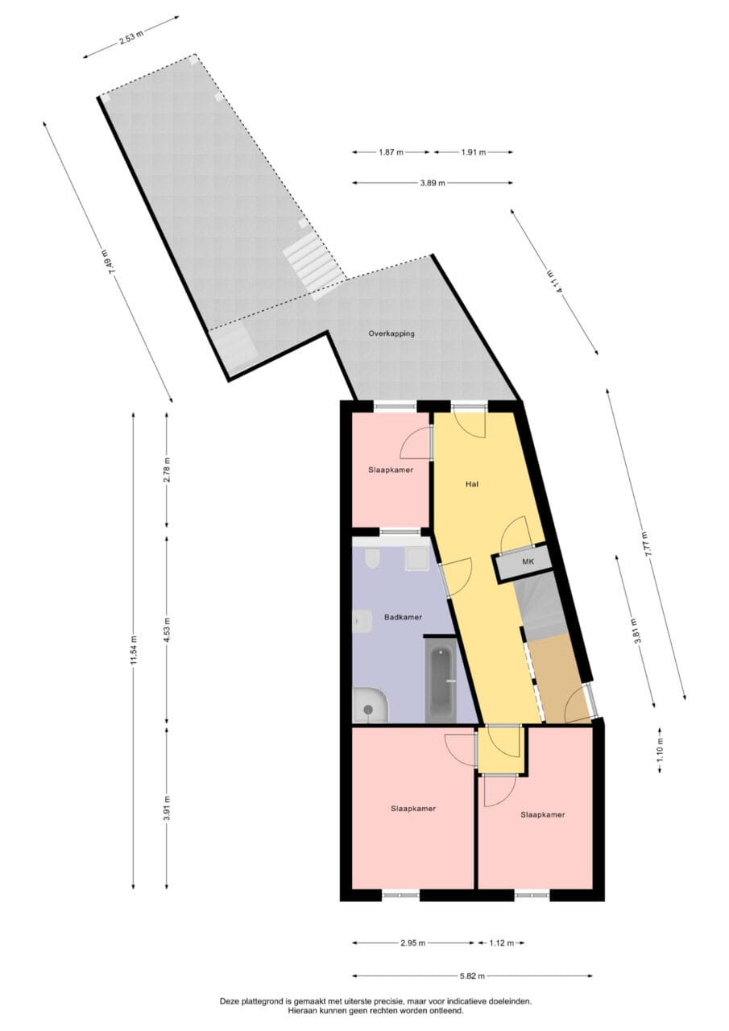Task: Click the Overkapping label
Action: coord(391,333)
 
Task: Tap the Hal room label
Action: coord(472,484)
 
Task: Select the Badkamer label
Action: coord(403,617)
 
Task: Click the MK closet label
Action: coord(528,561)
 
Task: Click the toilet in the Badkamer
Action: coord(371,559)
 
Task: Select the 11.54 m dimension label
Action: coord(134,649)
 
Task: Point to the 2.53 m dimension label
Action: coord(131,37)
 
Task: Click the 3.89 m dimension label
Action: coord(433,183)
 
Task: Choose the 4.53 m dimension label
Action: coord(167,631)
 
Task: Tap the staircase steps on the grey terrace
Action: coord(314,266)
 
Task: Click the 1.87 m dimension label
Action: coord(391,152)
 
